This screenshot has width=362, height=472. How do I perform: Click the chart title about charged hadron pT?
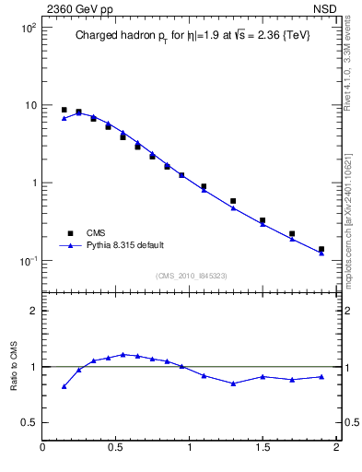click(193, 36)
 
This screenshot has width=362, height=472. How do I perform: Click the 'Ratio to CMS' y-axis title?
click(14, 366)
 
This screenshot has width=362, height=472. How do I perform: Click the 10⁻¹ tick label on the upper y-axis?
click(29, 260)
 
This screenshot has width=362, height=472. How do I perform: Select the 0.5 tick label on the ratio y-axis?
click(28, 422)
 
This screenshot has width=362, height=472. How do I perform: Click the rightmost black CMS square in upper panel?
click(321, 249)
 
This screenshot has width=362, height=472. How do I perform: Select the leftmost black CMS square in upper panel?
click(64, 110)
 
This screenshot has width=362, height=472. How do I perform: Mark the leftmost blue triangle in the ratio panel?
click(64, 386)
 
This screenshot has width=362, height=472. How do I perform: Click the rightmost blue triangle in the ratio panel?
click(321, 376)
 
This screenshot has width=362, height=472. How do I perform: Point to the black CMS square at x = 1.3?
click(233, 201)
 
